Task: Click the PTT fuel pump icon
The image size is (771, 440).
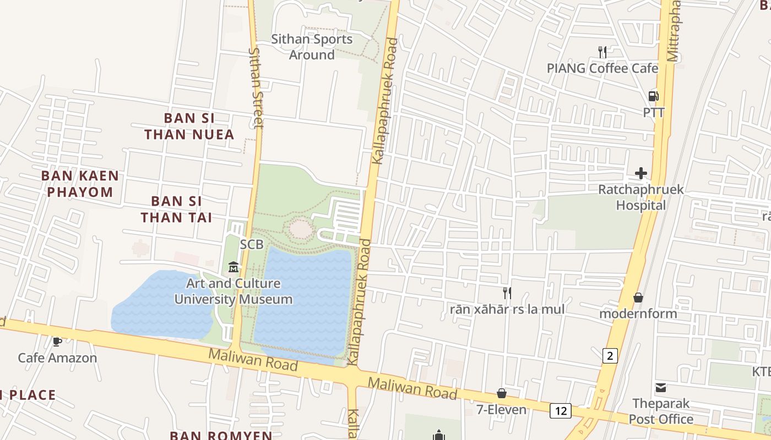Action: coord(654,96)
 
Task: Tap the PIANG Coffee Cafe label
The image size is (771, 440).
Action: coord(602,68)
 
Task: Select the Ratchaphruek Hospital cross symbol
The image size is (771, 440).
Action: coord(641,174)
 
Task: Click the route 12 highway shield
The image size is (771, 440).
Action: coord(560,410)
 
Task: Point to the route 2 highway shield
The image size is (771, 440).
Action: coord(609,356)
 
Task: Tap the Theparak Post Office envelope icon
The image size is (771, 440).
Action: coord(661,388)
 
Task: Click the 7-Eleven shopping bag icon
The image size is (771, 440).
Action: coord(502,393)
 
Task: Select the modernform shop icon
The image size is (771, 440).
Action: coord(638,298)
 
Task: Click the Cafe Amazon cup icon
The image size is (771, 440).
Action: coord(57,342)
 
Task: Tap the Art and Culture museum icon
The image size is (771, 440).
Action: coord(233,267)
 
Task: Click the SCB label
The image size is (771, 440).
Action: coord(252,244)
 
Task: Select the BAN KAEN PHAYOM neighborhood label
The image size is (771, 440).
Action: coord(80,184)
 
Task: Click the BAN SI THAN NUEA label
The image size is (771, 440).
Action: coord(189,126)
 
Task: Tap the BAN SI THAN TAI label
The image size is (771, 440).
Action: coord(176,209)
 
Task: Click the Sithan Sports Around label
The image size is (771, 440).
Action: coord(312,47)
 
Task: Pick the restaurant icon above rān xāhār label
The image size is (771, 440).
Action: coord(507,293)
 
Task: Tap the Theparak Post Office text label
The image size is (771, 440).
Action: coord(661,411)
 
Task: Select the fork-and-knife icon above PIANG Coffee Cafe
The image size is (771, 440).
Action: coord(602,52)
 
